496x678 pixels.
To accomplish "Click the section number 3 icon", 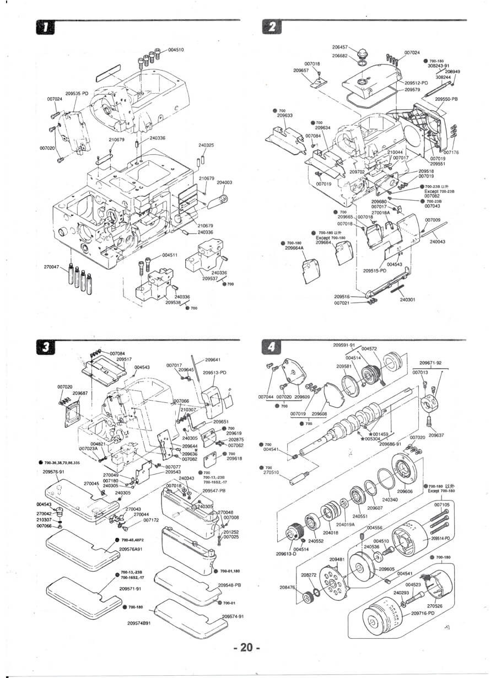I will coord(44,346).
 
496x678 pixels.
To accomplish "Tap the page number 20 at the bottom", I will coord(246,648).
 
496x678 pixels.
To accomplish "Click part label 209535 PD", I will coord(77,94).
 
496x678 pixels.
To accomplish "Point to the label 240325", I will coord(206,146).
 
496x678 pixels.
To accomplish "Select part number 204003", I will coord(224,182).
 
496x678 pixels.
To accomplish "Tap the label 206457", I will coord(340,48).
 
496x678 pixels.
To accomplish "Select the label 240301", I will coord(407,300).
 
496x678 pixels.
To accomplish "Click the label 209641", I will coord(213,359).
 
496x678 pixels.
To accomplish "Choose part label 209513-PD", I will coord(214,373).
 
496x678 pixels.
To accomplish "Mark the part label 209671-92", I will coord(430,363).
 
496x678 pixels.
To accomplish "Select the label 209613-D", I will coord(286,554).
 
